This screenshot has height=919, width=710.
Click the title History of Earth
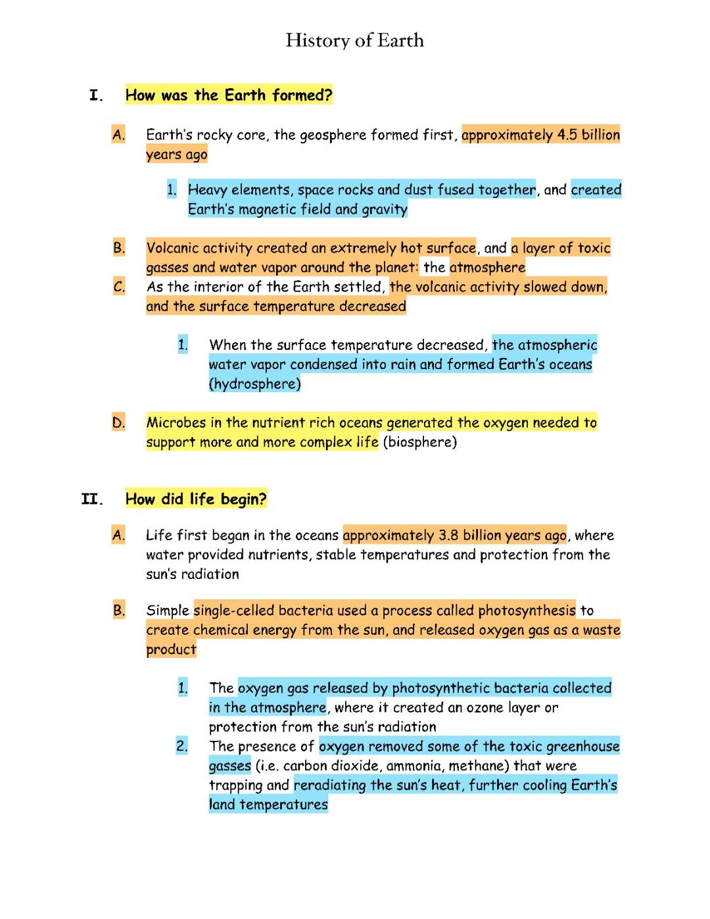point(354,41)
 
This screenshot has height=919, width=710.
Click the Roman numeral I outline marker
point(96,96)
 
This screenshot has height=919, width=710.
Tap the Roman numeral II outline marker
point(92,499)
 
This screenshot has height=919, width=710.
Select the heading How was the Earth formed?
point(229,95)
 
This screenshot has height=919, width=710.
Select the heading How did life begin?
point(196,499)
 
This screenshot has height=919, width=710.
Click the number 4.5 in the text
point(567,135)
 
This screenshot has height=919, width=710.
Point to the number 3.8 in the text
point(448,535)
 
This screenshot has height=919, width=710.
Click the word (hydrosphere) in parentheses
point(254,384)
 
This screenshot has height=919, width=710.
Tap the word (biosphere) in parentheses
point(419,441)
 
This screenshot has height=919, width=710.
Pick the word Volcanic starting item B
point(172,248)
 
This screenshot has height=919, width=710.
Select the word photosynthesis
point(527,610)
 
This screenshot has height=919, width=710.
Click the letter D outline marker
point(118,422)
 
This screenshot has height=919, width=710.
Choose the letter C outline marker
point(118,287)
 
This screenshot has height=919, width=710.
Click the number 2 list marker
point(181,746)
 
